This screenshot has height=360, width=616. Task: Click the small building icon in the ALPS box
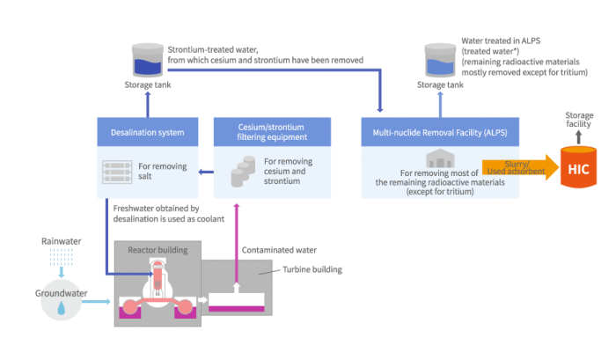[438, 158]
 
